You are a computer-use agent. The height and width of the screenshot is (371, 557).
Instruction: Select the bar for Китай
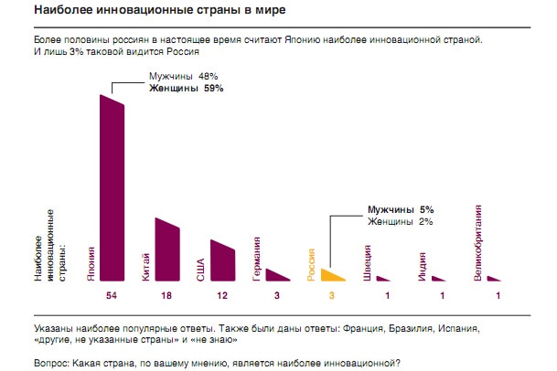tap(167, 251)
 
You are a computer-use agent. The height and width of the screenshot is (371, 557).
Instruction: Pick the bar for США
tap(222, 261)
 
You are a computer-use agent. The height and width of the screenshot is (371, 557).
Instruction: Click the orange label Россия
tap(312, 263)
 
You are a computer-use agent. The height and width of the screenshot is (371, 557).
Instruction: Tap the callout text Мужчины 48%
tap(184, 77)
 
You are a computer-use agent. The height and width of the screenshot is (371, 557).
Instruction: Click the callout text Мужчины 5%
tap(400, 208)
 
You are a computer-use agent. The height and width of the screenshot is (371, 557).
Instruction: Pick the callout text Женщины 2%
tap(400, 220)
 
